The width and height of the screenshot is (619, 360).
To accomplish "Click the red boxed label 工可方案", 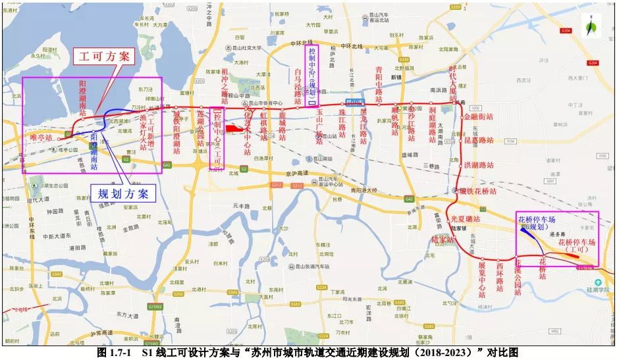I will (x=105, y=57).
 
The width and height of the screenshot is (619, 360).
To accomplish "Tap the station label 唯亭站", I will (x=41, y=137).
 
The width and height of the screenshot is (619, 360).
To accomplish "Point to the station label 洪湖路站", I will (x=478, y=164).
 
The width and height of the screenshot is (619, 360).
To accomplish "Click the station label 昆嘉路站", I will (x=479, y=140).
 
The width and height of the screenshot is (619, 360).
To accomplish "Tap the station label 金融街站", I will (x=479, y=116).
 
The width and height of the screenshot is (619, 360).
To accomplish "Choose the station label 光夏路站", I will (x=466, y=219).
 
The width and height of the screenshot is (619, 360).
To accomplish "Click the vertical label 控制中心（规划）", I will (x=312, y=74).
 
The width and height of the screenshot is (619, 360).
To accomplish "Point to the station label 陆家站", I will (x=443, y=240).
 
